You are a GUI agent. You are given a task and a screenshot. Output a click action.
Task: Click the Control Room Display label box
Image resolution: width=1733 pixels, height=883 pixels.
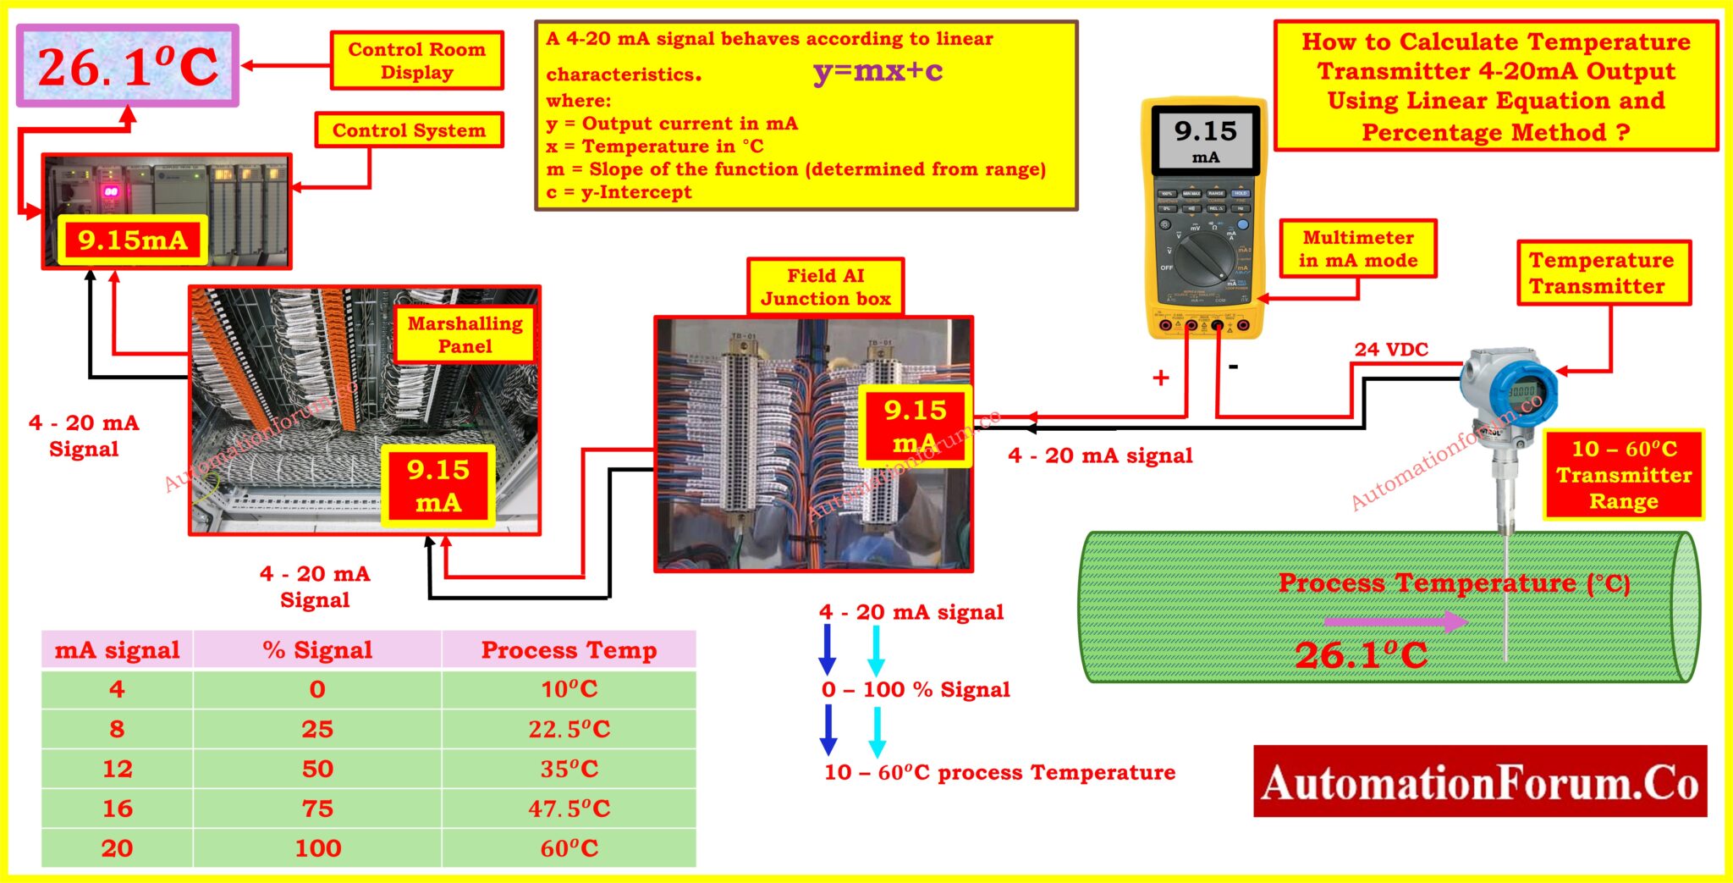416,61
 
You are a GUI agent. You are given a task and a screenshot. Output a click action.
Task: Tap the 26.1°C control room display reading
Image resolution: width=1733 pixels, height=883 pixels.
128,66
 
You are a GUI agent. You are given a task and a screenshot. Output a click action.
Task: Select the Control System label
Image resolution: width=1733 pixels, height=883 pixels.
409,130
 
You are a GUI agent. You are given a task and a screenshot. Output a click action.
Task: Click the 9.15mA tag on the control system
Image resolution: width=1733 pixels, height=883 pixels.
132,240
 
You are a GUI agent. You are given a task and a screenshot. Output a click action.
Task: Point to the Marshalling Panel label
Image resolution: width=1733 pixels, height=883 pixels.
465,334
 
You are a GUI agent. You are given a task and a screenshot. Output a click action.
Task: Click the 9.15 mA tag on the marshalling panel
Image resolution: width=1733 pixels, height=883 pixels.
437,486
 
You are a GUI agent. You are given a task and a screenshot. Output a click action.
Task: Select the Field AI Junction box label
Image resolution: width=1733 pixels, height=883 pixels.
825,287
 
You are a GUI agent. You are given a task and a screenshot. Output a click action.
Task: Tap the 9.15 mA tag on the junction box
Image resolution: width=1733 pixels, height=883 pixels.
914,427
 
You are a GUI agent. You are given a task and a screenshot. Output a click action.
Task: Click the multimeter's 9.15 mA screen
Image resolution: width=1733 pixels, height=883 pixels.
1205,141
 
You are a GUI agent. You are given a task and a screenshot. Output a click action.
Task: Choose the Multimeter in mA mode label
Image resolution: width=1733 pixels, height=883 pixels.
1357,249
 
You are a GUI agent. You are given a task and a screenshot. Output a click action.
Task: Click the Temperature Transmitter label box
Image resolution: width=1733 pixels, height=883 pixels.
1603,273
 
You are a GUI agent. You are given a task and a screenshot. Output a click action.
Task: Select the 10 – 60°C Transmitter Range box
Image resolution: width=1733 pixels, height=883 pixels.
1623,475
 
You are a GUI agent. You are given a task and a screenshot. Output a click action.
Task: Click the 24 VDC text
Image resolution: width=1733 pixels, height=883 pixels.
1390,349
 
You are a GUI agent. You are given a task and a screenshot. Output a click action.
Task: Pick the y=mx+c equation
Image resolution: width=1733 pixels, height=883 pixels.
878,71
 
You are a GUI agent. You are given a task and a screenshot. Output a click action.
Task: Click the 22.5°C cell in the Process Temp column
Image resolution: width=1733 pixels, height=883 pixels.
569,729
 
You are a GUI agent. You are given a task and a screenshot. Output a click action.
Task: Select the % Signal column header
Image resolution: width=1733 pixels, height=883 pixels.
317,650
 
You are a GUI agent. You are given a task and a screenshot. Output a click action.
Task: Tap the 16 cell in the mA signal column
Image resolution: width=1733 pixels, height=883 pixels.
117,808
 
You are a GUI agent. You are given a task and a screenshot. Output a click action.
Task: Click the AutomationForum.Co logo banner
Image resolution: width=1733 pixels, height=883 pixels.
1479,781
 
